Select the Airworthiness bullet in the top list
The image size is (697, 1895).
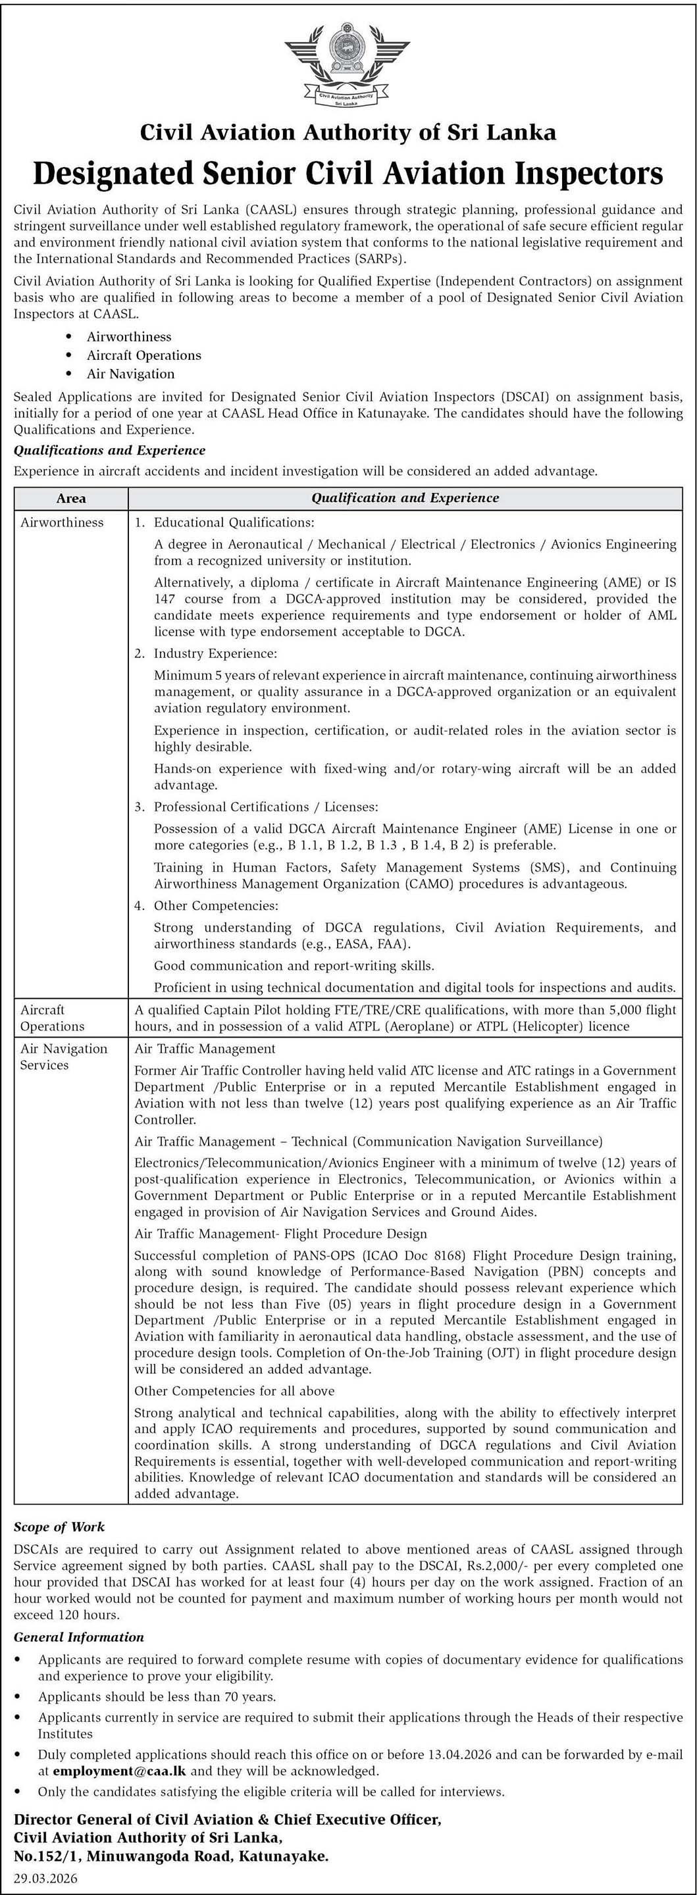129,336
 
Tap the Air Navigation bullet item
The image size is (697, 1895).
130,374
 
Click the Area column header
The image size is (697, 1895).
70,498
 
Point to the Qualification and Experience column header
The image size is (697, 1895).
405,498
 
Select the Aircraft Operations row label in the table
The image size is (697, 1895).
52,1017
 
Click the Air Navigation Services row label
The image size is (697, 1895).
63,1056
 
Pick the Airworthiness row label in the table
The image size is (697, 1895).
62,522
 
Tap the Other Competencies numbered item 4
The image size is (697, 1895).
216,905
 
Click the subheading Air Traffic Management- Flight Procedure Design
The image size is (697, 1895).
280,1233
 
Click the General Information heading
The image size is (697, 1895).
79,1637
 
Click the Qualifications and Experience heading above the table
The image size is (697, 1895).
110,450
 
